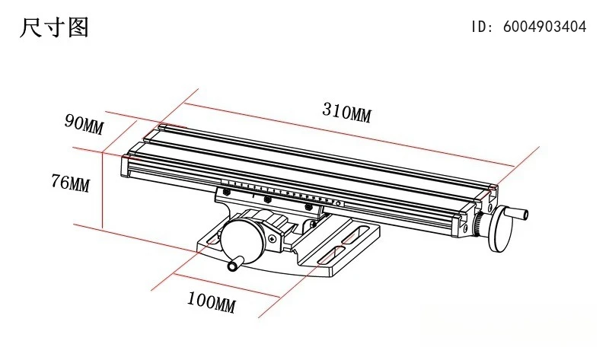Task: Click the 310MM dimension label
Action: (x=346, y=112)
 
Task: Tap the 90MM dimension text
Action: (x=84, y=123)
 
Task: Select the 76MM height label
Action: (x=70, y=183)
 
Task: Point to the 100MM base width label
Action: (x=212, y=302)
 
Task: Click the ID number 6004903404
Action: (x=545, y=27)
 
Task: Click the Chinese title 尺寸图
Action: (x=54, y=27)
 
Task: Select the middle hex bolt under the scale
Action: (x=267, y=199)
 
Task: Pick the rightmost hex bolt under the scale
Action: (x=309, y=207)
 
